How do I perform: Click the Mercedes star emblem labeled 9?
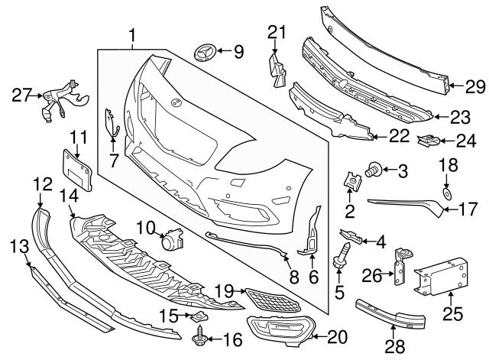click(x=206, y=54)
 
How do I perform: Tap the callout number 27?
click(x=23, y=95)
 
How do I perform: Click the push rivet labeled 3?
click(x=375, y=169)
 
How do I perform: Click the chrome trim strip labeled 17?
click(x=405, y=204)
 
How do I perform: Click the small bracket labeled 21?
click(x=275, y=66)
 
